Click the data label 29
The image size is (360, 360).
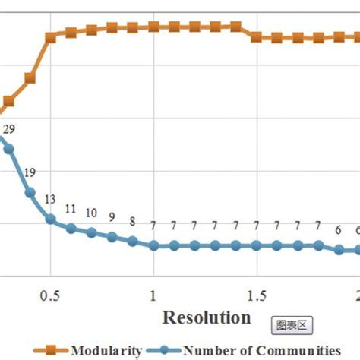click(9, 131)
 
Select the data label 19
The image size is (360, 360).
click(30, 172)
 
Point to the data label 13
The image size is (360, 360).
click(50, 199)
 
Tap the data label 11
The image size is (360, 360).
click(71, 209)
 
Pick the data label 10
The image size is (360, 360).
click(91, 213)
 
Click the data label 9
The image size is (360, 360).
click(112, 217)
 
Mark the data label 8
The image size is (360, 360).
click(132, 222)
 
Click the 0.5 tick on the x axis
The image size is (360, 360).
click(50, 294)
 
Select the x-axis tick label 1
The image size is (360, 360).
click(153, 294)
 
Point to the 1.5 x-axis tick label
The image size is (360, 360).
click(256, 294)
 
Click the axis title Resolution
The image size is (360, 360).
click(206, 317)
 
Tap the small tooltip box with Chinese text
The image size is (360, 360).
click(292, 325)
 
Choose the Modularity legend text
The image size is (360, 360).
click(106, 350)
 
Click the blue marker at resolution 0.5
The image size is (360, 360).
click(50, 219)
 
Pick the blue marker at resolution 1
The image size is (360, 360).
click(153, 245)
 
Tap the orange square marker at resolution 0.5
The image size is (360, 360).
click(50, 36)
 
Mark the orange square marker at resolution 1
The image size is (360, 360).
click(153, 27)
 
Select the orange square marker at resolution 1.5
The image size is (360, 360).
click(256, 36)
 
